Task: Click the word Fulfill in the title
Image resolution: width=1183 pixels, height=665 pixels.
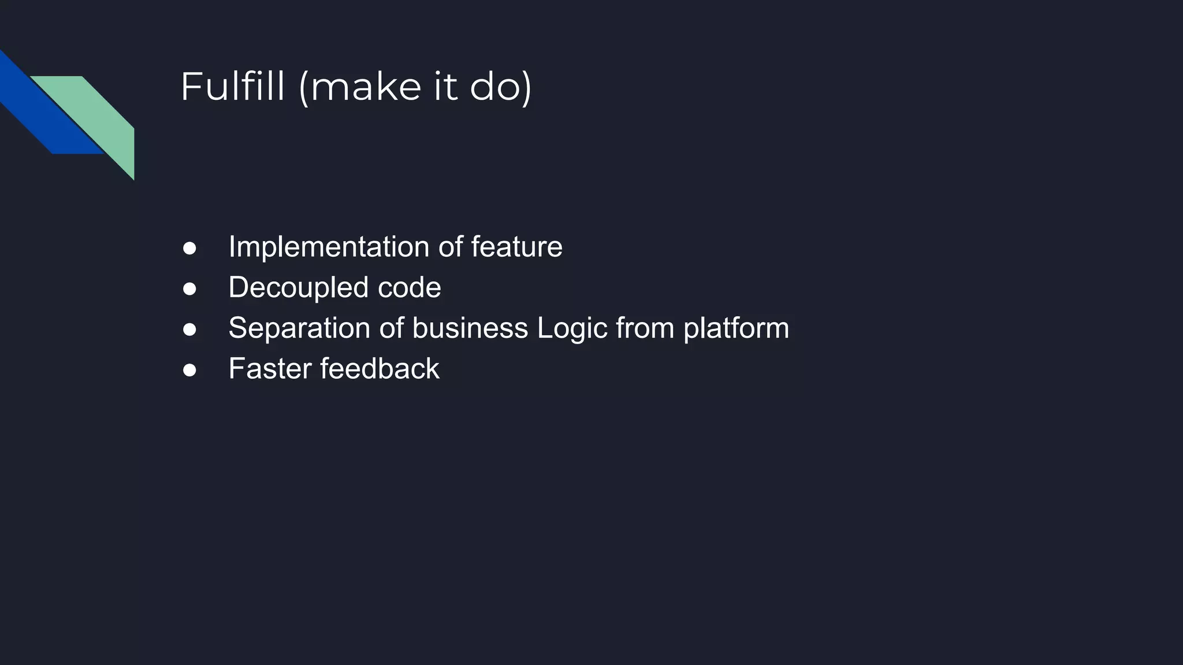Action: tap(232, 87)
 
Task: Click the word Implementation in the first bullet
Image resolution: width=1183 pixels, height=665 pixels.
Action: tap(328, 247)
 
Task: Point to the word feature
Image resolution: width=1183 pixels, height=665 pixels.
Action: tap(516, 247)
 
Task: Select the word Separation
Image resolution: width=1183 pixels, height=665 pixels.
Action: tap(299, 328)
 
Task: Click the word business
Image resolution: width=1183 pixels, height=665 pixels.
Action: tap(470, 328)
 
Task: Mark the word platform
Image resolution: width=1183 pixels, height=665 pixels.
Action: tap(736, 328)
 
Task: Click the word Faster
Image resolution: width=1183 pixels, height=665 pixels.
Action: tap(270, 368)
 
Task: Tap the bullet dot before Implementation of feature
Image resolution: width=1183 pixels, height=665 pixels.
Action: tap(189, 248)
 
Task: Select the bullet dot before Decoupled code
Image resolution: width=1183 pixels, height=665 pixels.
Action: tap(189, 289)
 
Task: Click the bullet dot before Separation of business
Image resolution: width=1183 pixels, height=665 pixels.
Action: tap(189, 329)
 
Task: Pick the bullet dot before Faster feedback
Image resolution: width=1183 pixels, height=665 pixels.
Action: tap(189, 369)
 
